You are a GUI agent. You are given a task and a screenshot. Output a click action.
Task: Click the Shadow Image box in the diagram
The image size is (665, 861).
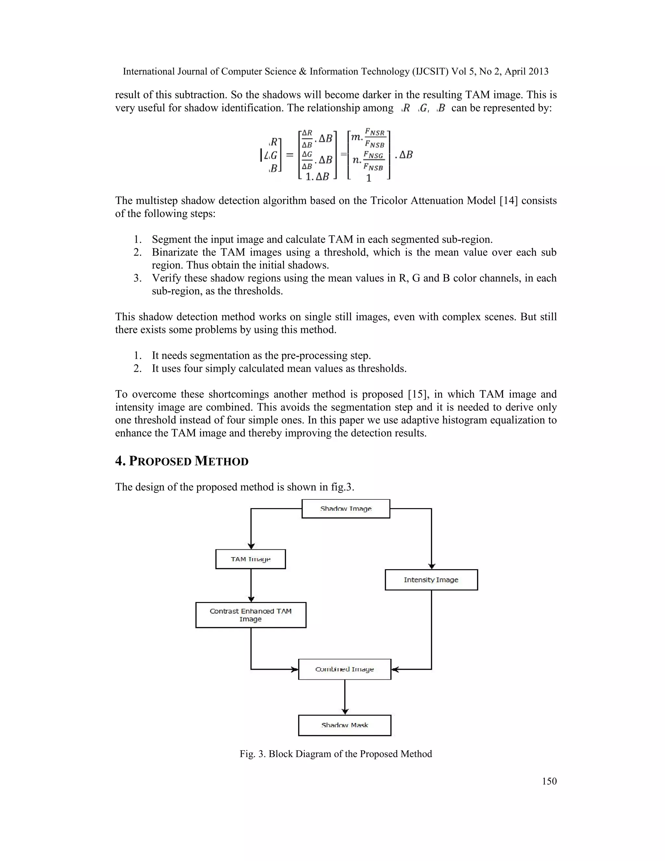pyautogui.click(x=345, y=508)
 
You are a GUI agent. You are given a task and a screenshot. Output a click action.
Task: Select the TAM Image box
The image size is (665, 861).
pyautogui.click(x=251, y=559)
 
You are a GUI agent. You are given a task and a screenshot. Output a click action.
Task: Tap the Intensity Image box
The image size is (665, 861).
pyautogui.click(x=431, y=580)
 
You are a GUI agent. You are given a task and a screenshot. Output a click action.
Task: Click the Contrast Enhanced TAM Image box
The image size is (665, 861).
pyautogui.click(x=251, y=615)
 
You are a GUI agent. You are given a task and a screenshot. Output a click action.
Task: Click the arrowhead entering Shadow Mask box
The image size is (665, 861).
pyautogui.click(x=345, y=712)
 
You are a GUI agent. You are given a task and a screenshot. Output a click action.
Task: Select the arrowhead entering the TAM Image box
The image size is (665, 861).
pyautogui.click(x=251, y=546)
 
